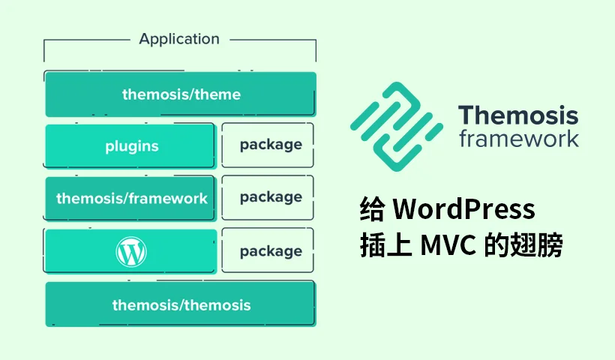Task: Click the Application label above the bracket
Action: click(179, 39)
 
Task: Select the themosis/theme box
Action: click(181, 94)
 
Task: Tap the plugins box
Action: click(131, 145)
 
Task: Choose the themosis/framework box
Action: click(131, 199)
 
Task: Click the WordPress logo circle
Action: click(131, 252)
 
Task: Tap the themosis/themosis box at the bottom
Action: click(181, 304)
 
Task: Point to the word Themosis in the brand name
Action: click(518, 115)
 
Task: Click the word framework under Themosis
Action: click(518, 139)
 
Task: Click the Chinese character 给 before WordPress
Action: click(372, 209)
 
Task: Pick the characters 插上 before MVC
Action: click(384, 245)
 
